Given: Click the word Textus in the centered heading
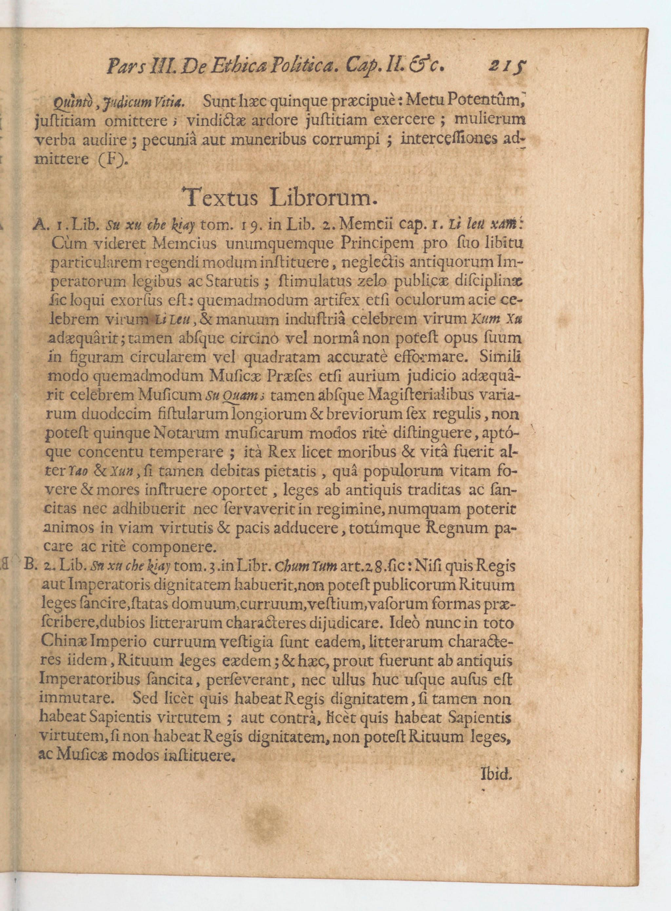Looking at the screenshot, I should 220,199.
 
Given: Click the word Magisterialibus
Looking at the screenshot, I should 422,395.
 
